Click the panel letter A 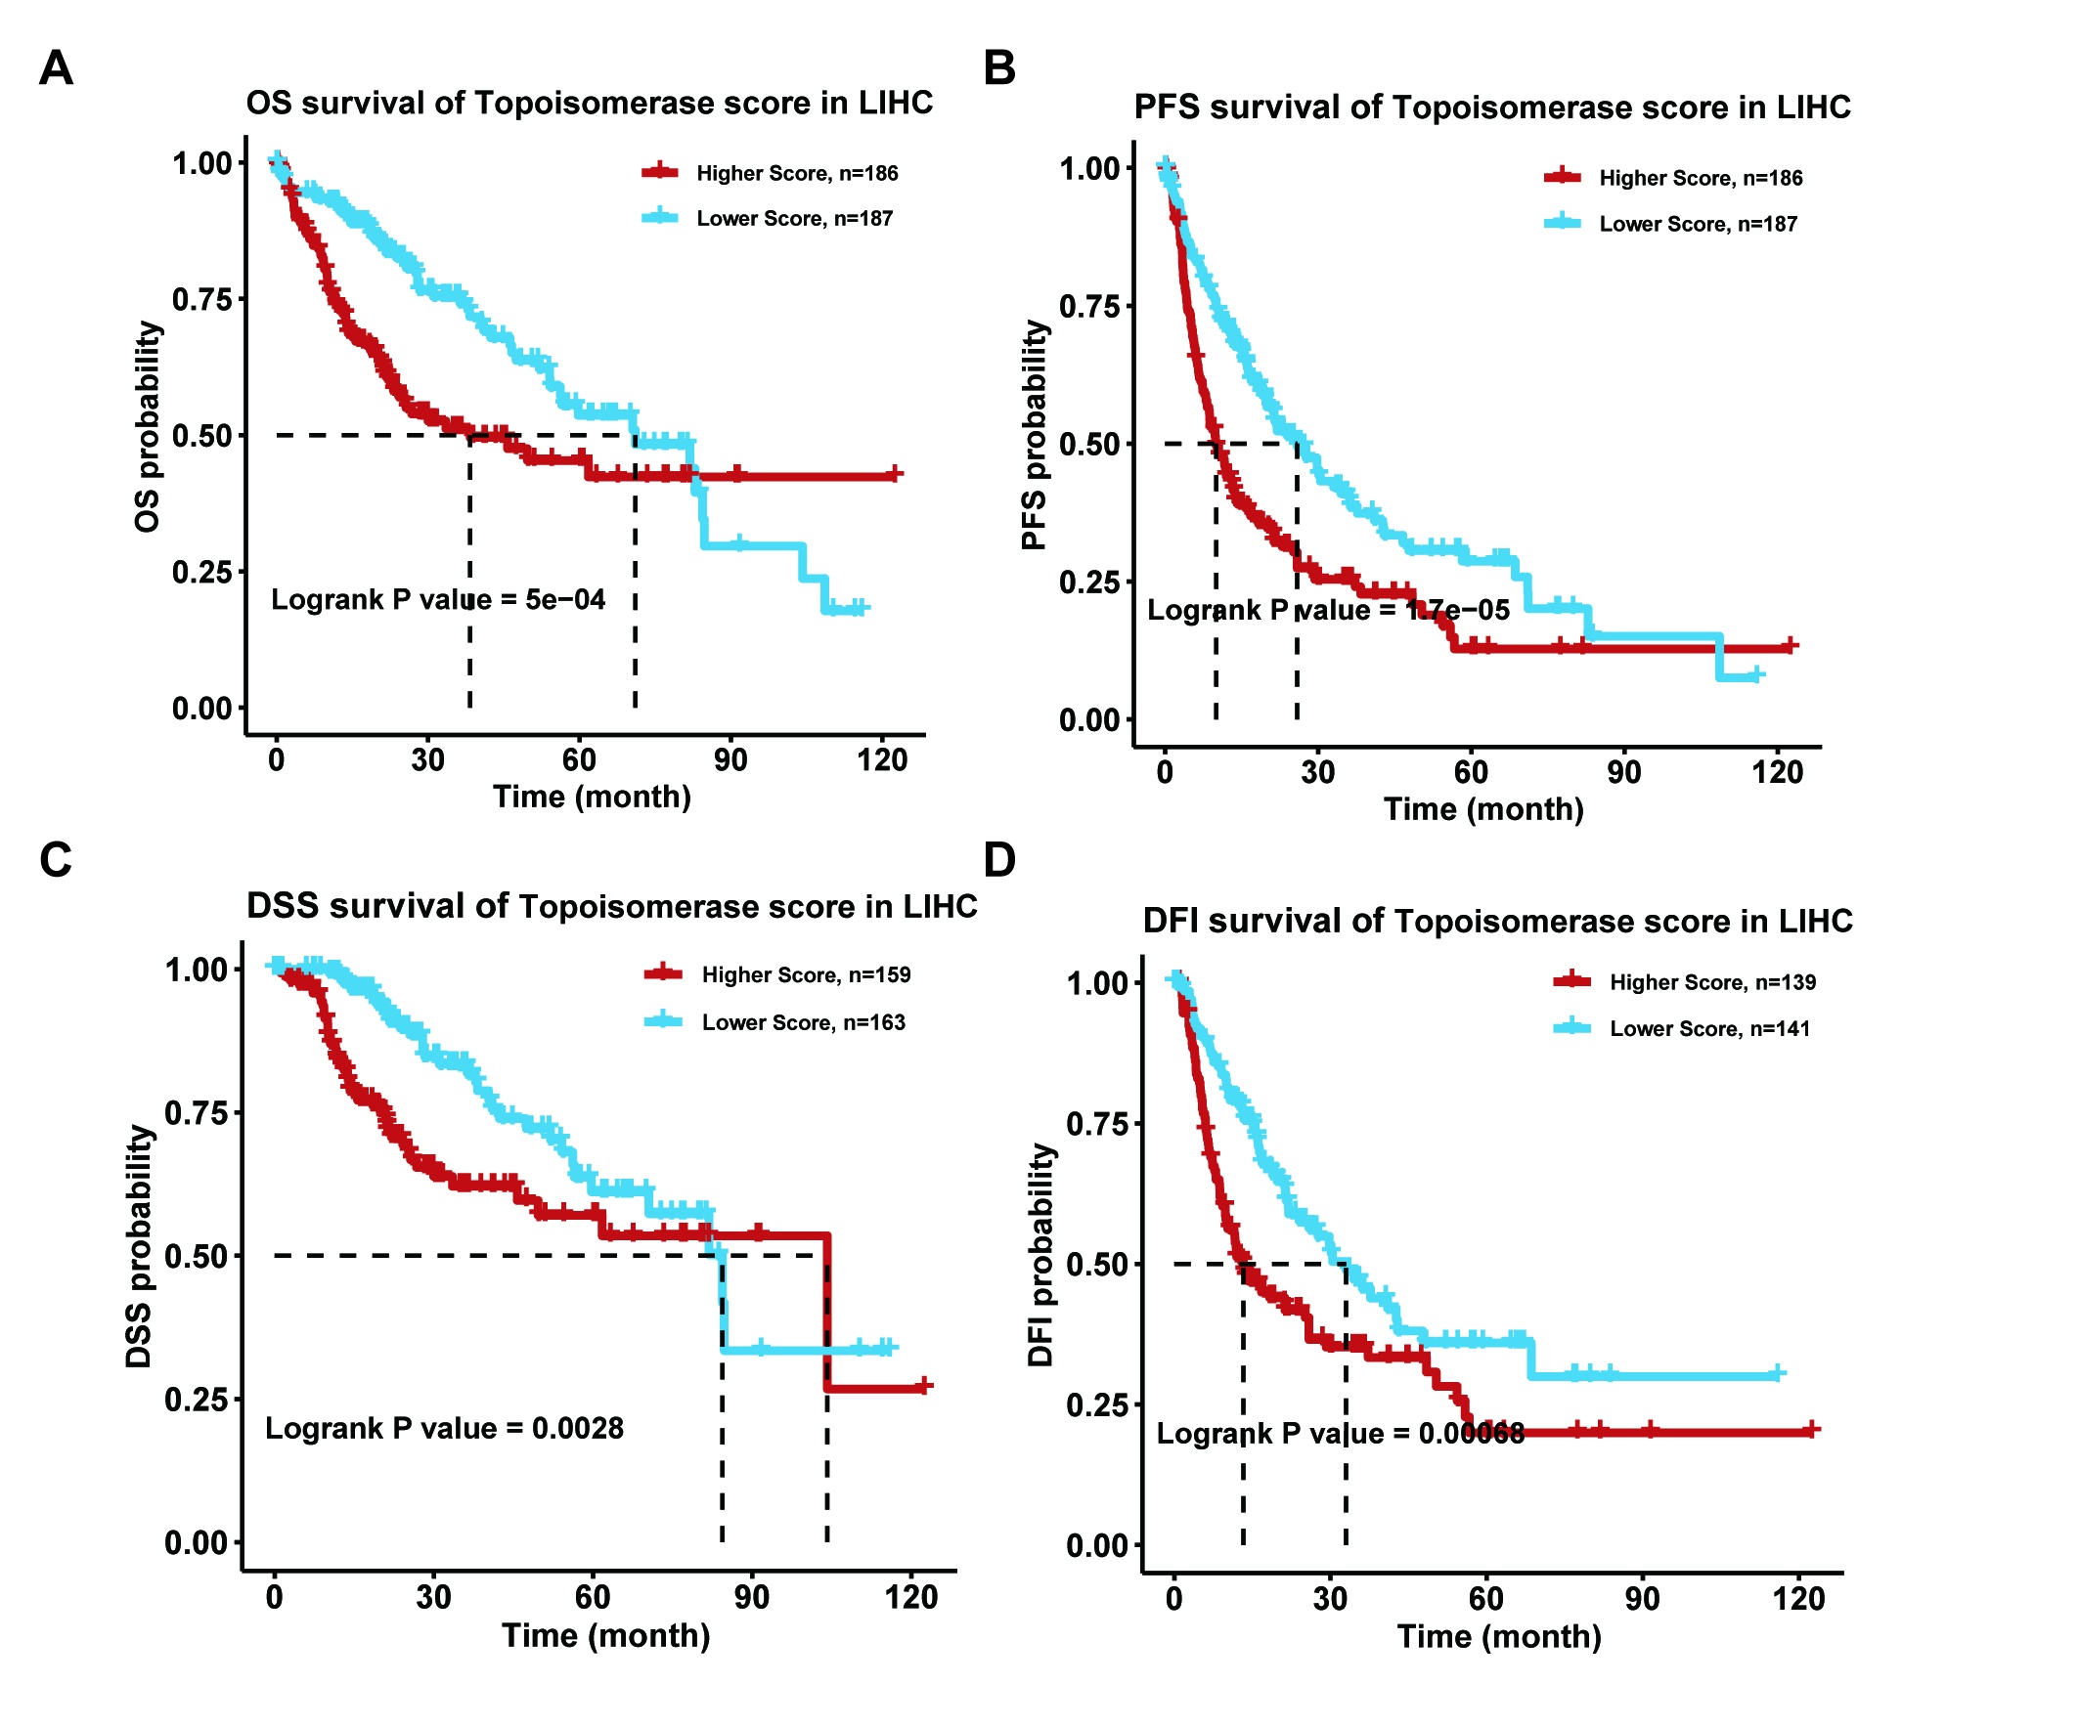(56, 68)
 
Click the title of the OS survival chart (589, 103)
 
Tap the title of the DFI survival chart (1497, 922)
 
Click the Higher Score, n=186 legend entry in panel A (797, 173)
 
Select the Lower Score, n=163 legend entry (803, 1022)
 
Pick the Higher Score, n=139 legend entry (1711, 983)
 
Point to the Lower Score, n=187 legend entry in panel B (1697, 224)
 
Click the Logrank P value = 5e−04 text (437, 600)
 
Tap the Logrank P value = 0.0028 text (445, 1428)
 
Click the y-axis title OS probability (147, 426)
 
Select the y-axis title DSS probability (140, 1247)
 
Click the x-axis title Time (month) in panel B (1483, 809)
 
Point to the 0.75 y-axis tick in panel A (202, 299)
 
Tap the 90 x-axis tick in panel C (751, 1597)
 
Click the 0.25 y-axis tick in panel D (1096, 1404)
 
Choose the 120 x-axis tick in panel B (1777, 772)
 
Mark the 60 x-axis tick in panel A (579, 760)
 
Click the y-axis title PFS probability (1034, 435)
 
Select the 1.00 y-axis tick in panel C (196, 970)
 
